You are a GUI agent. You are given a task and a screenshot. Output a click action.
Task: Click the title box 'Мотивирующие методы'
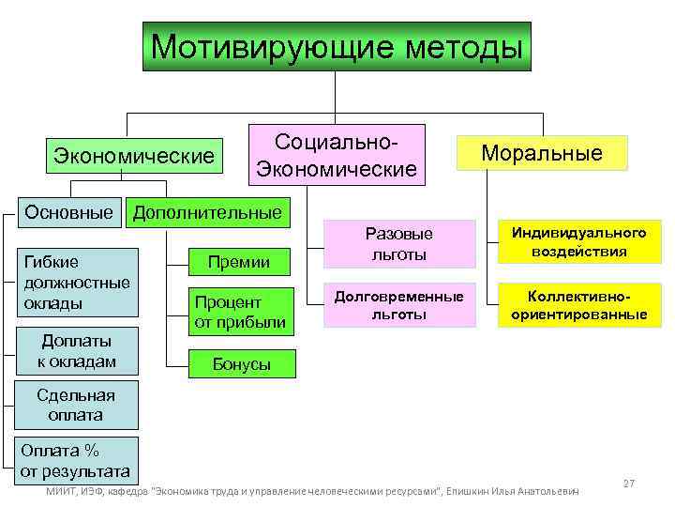tap(337, 46)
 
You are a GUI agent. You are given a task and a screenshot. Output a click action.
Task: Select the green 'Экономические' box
tap(134, 154)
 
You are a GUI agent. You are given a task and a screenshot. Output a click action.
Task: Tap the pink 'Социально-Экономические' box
tap(337, 155)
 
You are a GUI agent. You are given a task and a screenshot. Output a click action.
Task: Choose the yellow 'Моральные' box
tap(542, 153)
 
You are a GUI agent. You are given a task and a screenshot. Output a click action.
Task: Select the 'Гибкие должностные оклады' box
tap(79, 282)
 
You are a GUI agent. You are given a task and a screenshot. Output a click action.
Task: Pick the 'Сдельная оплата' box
tap(77, 405)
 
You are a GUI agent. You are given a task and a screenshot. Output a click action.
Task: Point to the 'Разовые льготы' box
tap(398, 242)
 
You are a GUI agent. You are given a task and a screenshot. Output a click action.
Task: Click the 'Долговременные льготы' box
tap(398, 305)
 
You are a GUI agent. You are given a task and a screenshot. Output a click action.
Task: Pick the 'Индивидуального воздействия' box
tap(578, 242)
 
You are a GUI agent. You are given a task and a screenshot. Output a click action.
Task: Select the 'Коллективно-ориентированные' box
tap(578, 305)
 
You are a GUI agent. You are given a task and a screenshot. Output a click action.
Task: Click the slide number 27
tap(629, 484)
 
